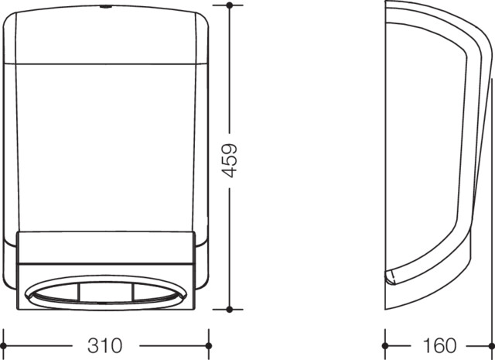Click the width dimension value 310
tap(105, 345)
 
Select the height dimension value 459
tap(230, 160)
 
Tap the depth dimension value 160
tap(439, 345)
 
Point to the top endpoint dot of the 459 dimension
tap(230, 5)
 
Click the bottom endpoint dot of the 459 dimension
tap(230, 310)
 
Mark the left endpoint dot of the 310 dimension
tap(3, 346)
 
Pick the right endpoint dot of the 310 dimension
tap(208, 346)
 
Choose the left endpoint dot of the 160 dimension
tap(385, 346)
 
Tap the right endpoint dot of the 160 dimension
tap(492, 346)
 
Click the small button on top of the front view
tap(105, 6)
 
